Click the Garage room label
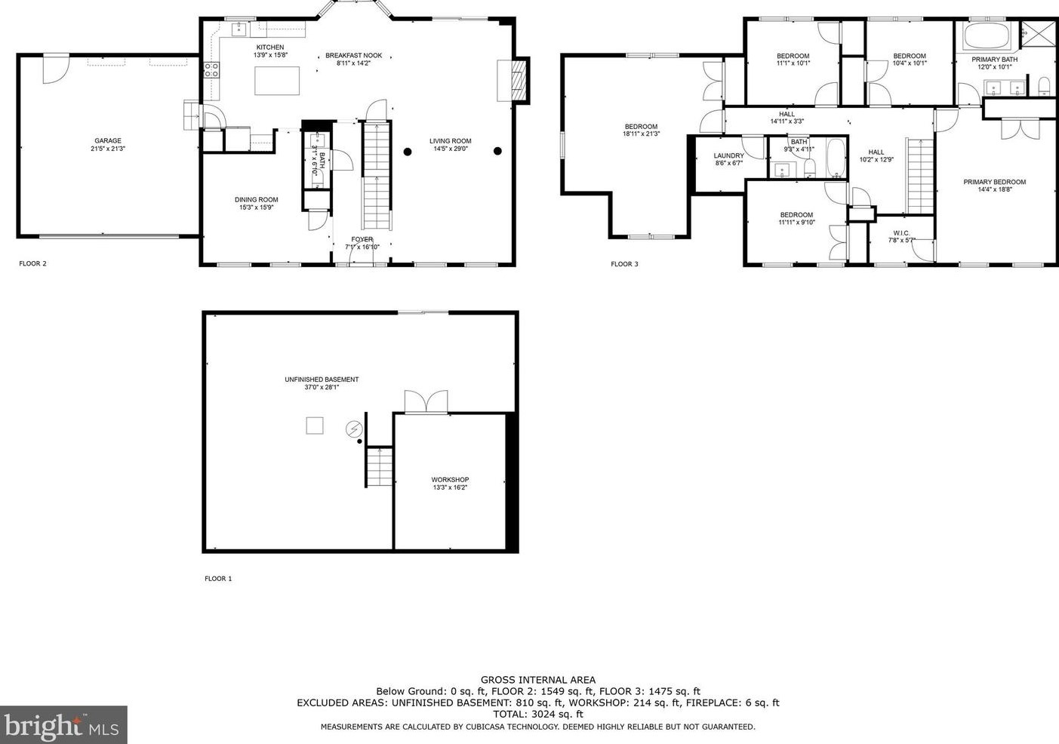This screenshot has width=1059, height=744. tap(108, 141)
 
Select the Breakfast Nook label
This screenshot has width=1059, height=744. tap(353, 56)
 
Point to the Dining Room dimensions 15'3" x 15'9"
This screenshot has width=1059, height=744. tap(257, 208)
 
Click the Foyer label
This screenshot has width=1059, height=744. tap(362, 239)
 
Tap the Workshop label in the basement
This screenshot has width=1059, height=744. tap(450, 480)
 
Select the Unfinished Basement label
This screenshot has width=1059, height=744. tap(322, 380)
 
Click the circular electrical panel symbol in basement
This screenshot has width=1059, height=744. tap(354, 429)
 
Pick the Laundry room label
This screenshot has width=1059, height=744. tap(728, 156)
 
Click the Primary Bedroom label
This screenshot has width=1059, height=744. tap(994, 182)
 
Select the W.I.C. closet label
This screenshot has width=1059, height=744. tap(900, 232)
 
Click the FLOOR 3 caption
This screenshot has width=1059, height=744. tap(624, 264)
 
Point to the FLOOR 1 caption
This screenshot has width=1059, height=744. tap(218, 579)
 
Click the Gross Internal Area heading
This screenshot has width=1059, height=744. tap(537, 680)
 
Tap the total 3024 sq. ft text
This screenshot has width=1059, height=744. tap(537, 714)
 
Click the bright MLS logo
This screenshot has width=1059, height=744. tap(63, 725)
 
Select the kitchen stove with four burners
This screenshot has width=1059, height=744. tap(212, 70)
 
